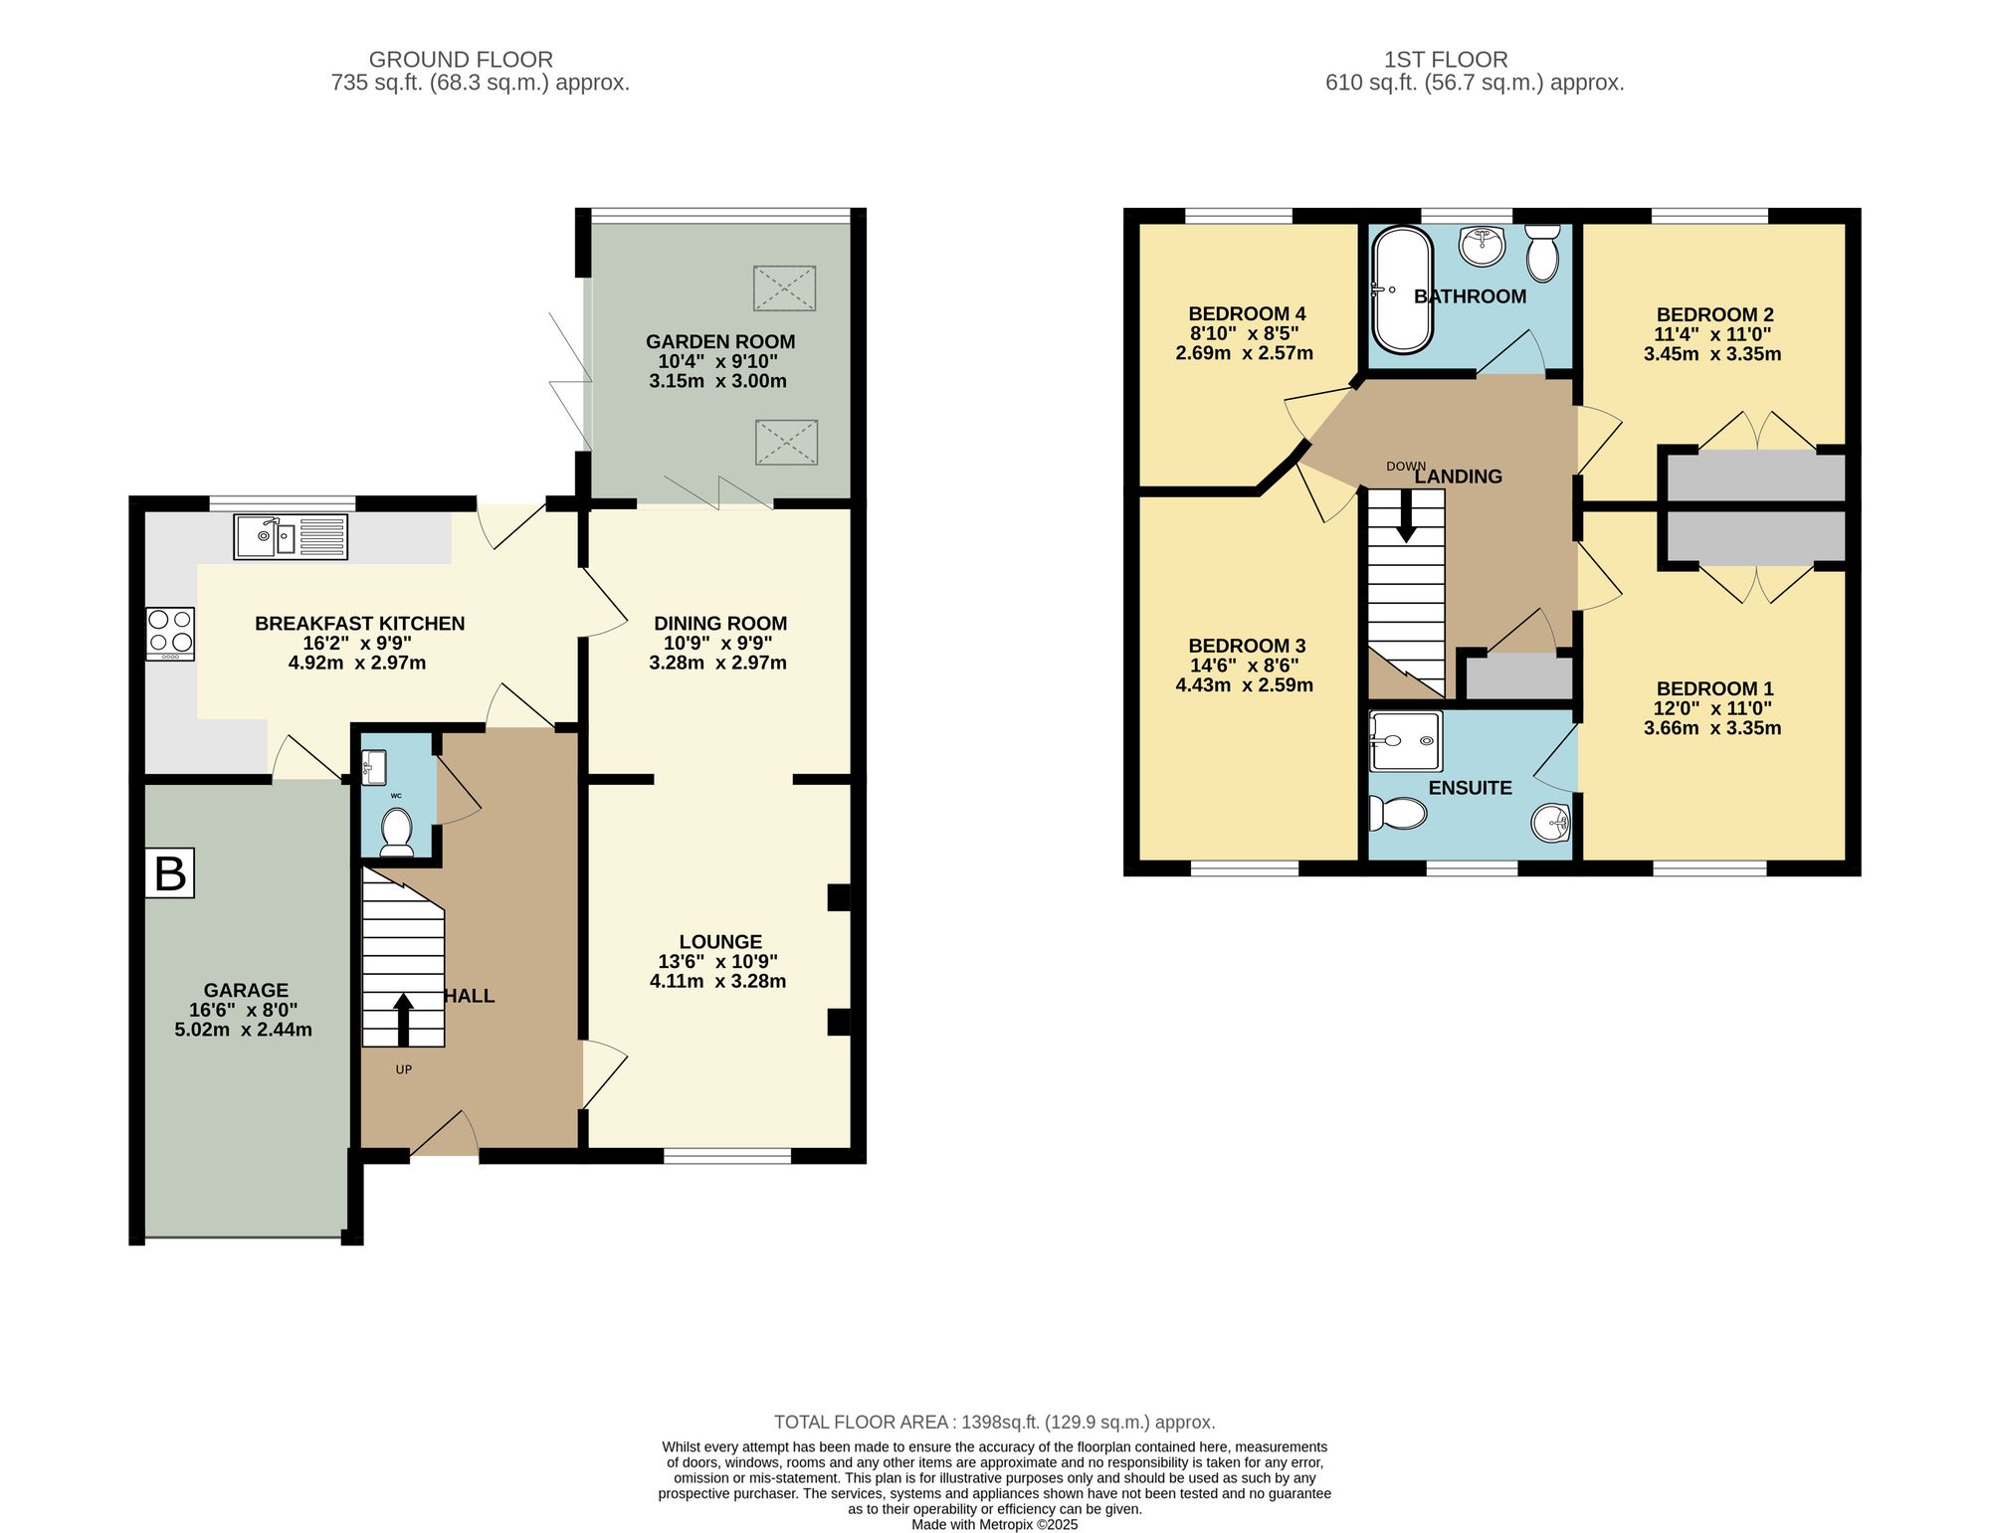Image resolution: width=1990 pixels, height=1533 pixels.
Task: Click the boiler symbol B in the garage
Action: pyautogui.click(x=170, y=873)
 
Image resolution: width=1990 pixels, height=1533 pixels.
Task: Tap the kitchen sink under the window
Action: pyautogui.click(x=291, y=537)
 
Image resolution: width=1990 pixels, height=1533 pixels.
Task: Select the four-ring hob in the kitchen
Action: pyautogui.click(x=170, y=634)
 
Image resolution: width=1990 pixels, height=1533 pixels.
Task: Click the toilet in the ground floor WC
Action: pyautogui.click(x=397, y=832)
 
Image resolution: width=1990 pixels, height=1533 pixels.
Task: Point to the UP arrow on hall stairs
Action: pyautogui.click(x=403, y=1020)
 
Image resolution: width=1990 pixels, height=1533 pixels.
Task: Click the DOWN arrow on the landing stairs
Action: pyautogui.click(x=1405, y=518)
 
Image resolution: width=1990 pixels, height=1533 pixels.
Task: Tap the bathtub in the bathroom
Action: pyautogui.click(x=1402, y=289)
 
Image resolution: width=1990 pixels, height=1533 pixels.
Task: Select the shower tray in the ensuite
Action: pyautogui.click(x=1405, y=741)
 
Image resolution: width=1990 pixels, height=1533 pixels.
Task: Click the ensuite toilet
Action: pyautogui.click(x=1398, y=813)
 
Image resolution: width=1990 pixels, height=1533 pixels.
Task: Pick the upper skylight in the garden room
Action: pyautogui.click(x=784, y=288)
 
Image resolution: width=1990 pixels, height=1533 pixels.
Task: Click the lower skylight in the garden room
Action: pyautogui.click(x=786, y=443)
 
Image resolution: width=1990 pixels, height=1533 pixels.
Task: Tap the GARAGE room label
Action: pyautogui.click(x=246, y=990)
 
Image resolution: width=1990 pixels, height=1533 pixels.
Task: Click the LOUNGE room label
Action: pyautogui.click(x=720, y=941)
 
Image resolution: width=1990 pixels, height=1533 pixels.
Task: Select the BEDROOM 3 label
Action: pyautogui.click(x=1247, y=646)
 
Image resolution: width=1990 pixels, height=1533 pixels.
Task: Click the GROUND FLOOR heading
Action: pyautogui.click(x=461, y=60)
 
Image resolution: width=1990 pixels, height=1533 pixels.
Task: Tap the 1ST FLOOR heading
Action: pyautogui.click(x=1446, y=60)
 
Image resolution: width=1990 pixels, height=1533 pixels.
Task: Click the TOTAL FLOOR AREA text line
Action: pyautogui.click(x=995, y=1423)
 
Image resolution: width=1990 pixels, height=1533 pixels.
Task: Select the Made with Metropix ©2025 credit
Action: pyautogui.click(x=995, y=1524)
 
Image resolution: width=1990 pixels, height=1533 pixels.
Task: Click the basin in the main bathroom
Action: pyautogui.click(x=1483, y=245)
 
